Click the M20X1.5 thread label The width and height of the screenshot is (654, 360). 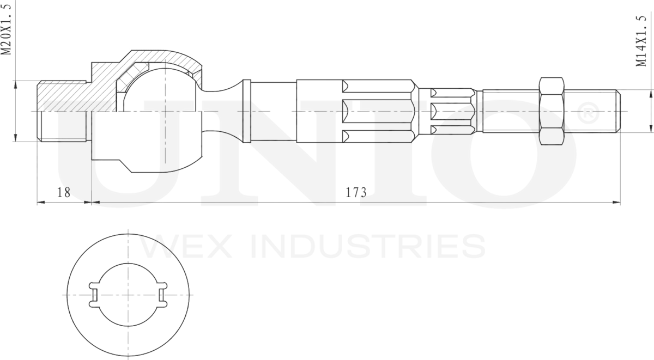pos(7,28)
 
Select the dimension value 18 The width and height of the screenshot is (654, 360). pos(64,192)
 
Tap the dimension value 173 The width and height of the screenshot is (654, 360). pos(356,192)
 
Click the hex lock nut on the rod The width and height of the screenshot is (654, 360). pos(551,111)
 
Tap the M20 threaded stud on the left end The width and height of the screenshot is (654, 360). pos(62,111)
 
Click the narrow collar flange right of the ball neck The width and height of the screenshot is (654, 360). pos(246,111)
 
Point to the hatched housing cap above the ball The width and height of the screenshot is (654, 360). pos(163,59)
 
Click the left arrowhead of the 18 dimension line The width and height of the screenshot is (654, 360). pos(40,203)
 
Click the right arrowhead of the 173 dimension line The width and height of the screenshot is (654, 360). pos(617,203)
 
